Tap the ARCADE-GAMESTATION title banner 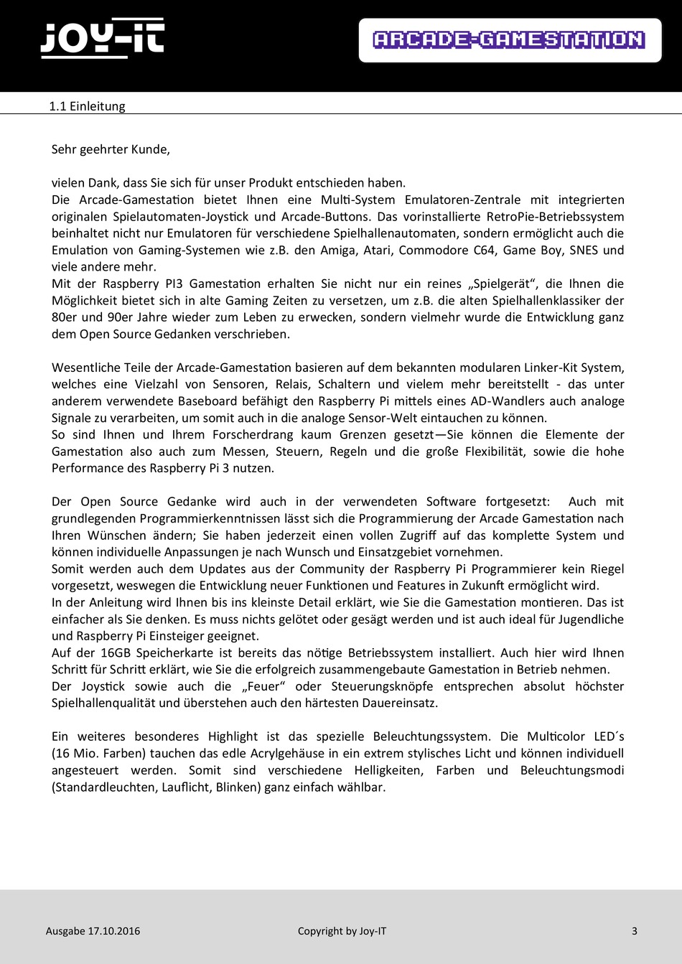(509, 39)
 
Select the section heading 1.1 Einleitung (87, 106)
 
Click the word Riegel (606, 568)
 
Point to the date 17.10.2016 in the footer (113, 931)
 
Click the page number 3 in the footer (634, 931)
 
